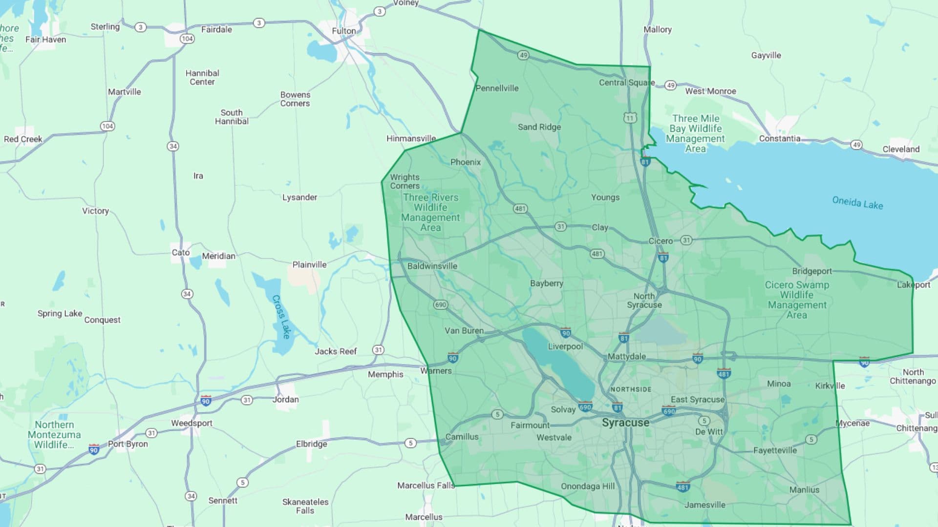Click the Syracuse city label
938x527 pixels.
click(625, 423)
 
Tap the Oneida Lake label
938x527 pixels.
click(857, 203)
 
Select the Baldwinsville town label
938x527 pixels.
click(432, 266)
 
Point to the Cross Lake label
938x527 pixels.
click(281, 317)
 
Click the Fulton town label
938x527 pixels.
click(344, 31)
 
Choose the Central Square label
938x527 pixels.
click(627, 82)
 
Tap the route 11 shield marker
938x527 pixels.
click(630, 118)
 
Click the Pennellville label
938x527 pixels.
click(497, 88)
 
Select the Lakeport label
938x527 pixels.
click(914, 284)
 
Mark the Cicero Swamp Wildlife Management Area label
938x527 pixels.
click(797, 300)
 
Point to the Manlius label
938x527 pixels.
click(804, 489)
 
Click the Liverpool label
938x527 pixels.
click(565, 346)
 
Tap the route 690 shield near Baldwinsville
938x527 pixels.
click(440, 304)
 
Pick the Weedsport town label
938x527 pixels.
click(192, 423)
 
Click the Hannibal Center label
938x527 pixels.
click(202, 78)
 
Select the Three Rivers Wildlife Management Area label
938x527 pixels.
click(430, 212)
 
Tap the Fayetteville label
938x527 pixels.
click(775, 450)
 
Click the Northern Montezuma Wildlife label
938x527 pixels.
click(54, 434)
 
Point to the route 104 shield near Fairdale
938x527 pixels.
click(187, 39)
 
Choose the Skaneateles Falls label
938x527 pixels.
click(305, 506)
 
